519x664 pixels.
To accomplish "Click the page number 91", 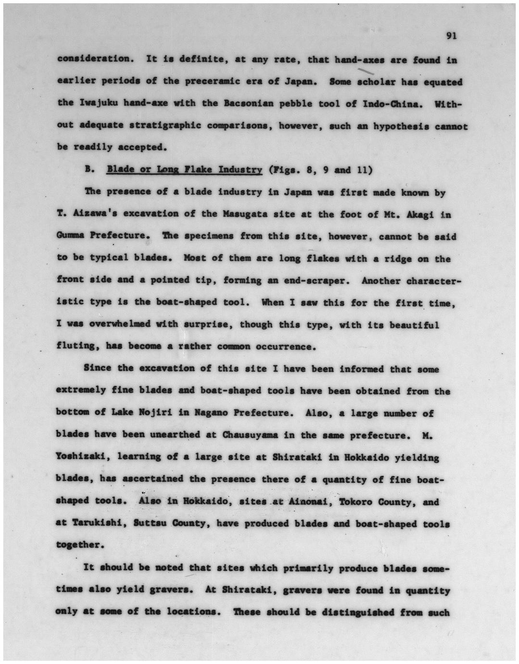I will point(451,36).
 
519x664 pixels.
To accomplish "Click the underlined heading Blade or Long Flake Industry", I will point(184,170).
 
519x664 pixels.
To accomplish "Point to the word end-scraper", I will point(317,281).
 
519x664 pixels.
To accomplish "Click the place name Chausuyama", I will point(250,435).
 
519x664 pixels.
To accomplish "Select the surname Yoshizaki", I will point(78,457).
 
